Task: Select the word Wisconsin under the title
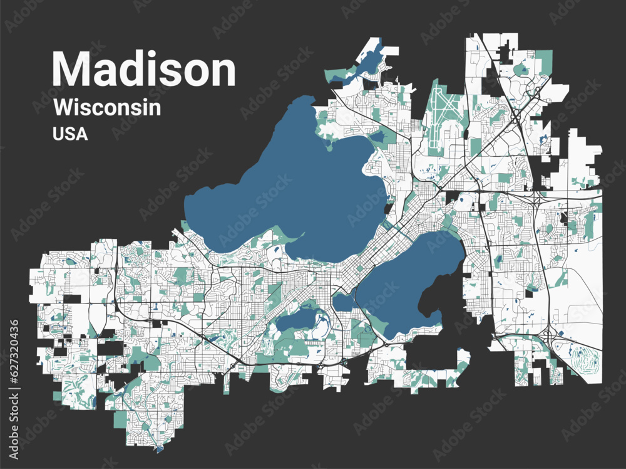pos(107,107)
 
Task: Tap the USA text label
pos(70,134)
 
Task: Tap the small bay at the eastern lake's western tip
pos(342,303)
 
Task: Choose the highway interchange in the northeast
pos(517,116)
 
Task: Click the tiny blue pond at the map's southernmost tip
pos(160,449)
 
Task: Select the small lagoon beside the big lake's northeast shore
pos(377,136)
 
